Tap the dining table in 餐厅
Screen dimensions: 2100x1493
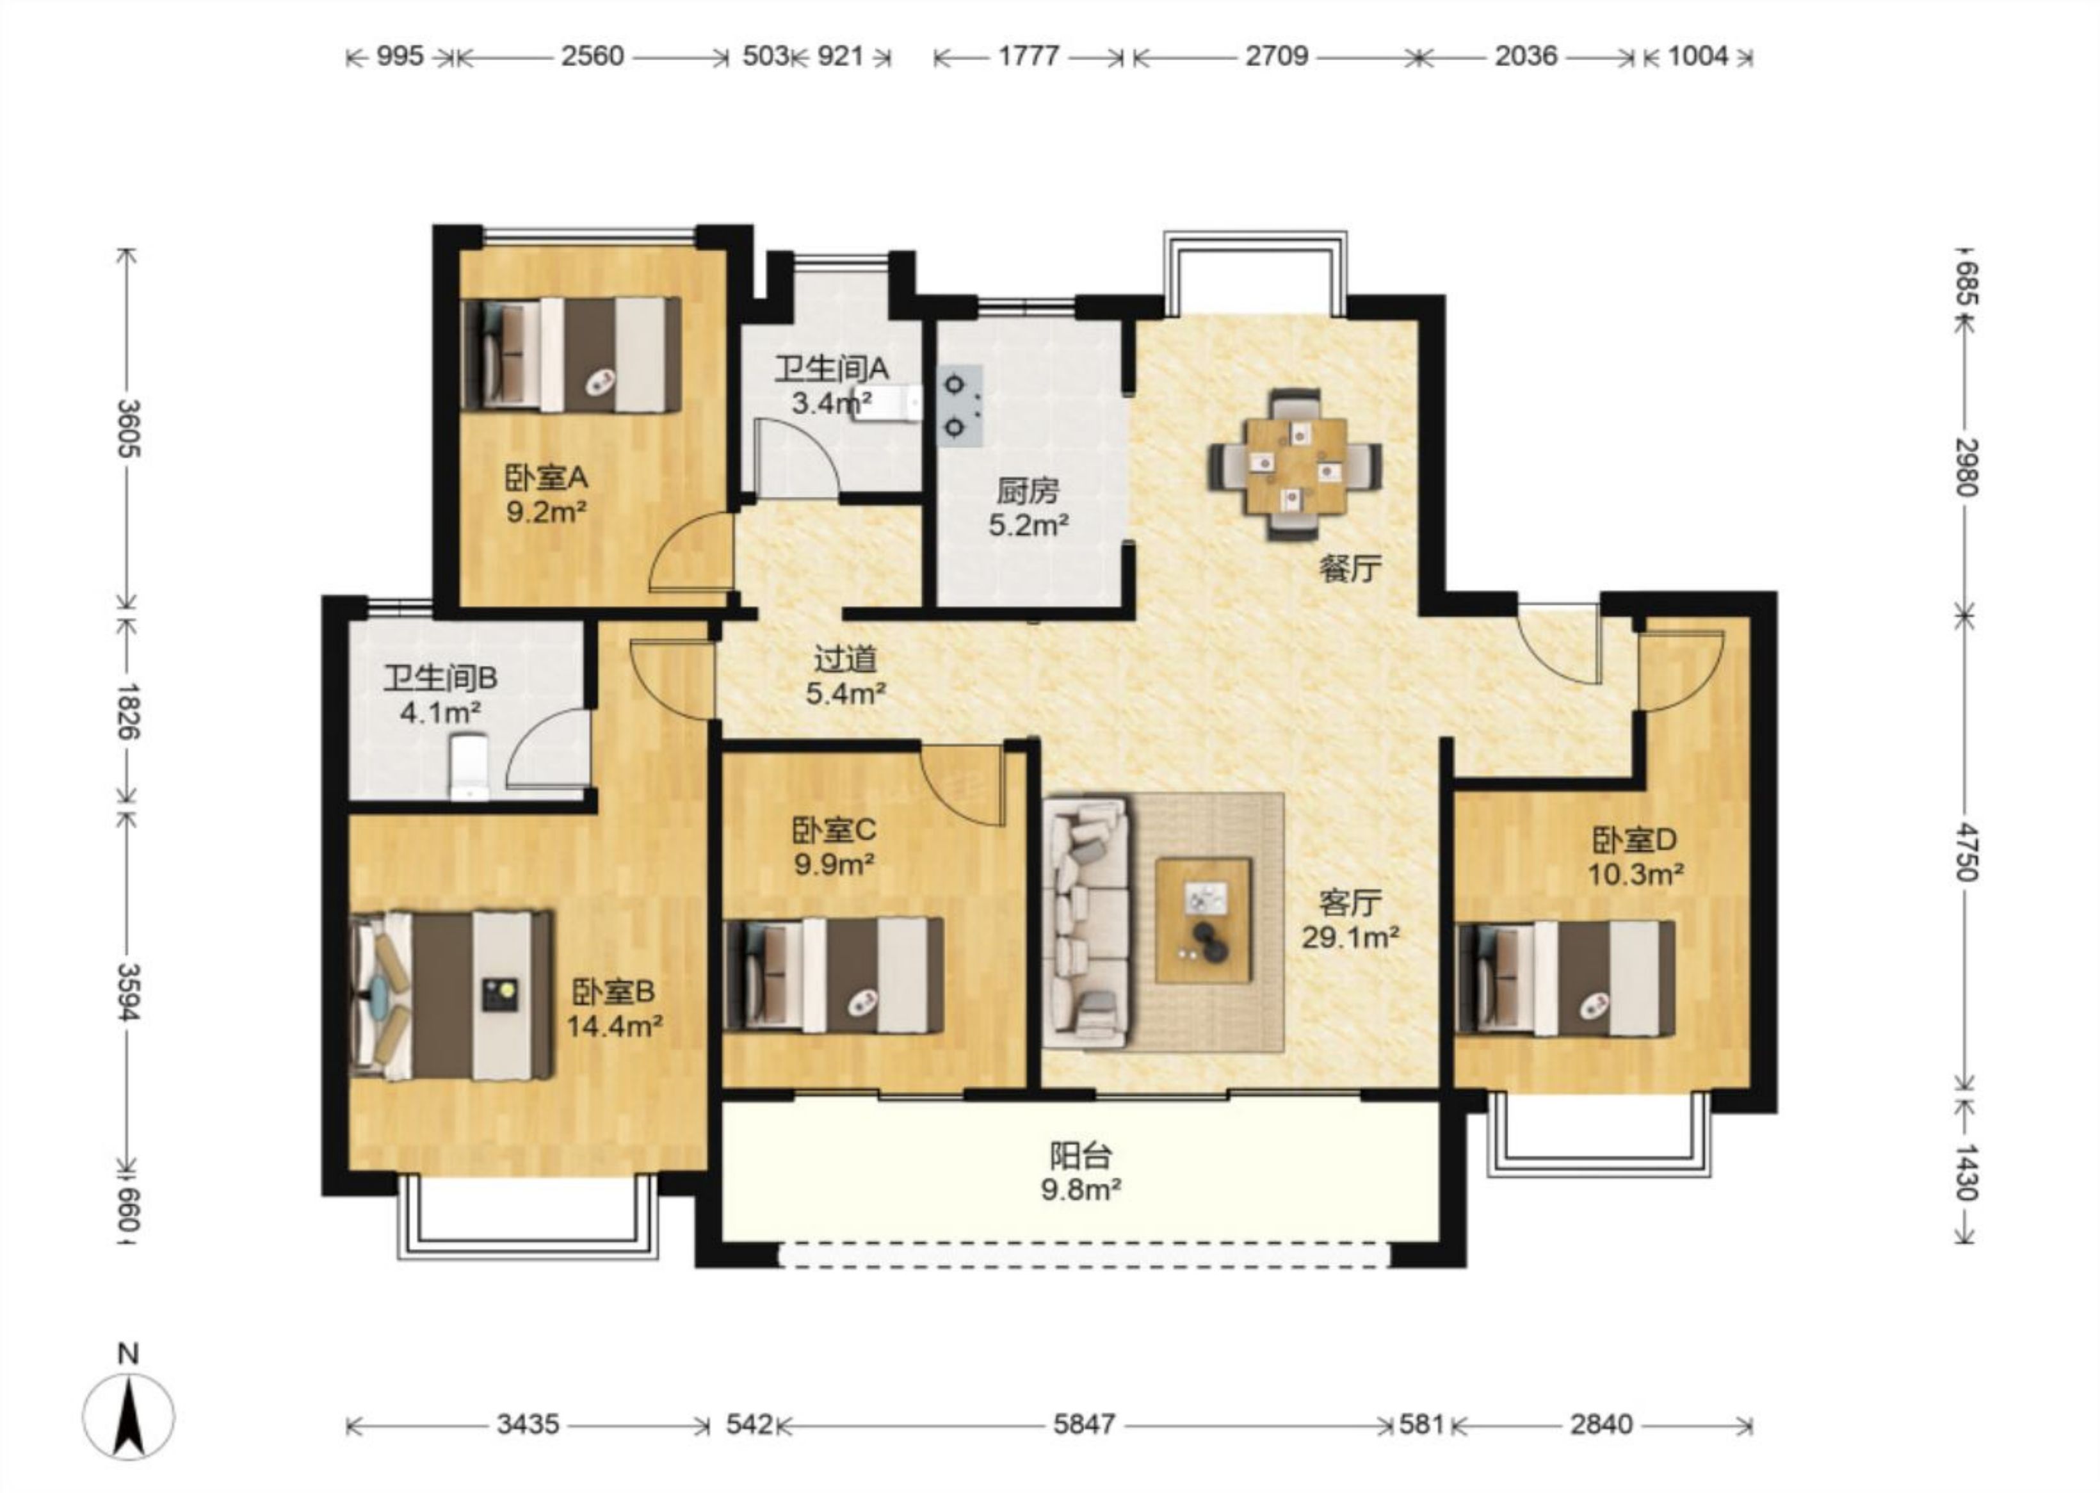[1295, 465]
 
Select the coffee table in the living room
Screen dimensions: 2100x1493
[1204, 919]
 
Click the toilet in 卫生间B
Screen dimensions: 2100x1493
[468, 766]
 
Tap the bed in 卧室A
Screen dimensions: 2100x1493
[572, 354]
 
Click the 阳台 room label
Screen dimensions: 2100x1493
[1081, 1156]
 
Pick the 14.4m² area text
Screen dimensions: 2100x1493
[614, 1026]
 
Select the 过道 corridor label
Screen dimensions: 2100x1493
[845, 658]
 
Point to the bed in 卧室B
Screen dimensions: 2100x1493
[451, 995]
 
